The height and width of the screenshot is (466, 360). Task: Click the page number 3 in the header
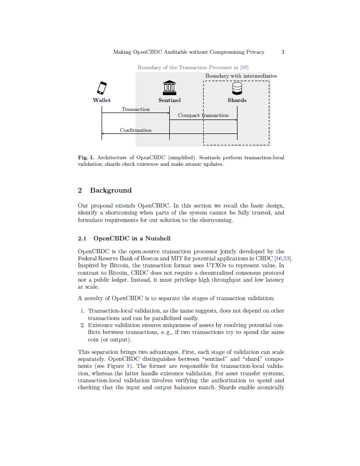point(283,52)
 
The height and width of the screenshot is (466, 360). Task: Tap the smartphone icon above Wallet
point(102,88)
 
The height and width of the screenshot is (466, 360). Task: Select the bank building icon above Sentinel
point(169,88)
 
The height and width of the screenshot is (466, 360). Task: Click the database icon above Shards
point(237,88)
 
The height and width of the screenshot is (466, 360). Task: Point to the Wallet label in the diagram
point(102,100)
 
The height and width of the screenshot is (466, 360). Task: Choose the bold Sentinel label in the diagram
point(169,100)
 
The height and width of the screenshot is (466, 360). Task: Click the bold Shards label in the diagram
point(237,100)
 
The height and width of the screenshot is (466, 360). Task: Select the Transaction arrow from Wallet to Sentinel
point(135,113)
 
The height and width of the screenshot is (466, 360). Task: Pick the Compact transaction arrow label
point(203,116)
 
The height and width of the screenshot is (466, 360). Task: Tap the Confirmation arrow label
point(135,130)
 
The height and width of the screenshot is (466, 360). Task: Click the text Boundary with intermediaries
point(241,76)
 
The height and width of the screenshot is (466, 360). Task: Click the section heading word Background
point(111,190)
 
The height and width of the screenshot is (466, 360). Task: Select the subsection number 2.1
point(82,238)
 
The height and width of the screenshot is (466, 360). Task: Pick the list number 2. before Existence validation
point(83,326)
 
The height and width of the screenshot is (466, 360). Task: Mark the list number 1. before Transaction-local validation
point(83,311)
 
